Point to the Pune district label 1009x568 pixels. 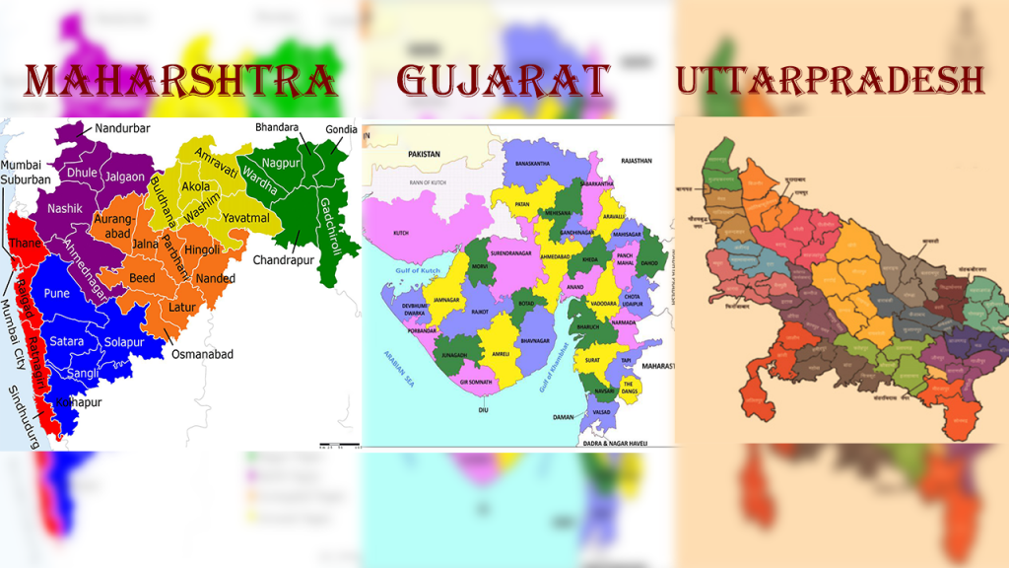click(56, 294)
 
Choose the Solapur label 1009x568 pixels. click(124, 341)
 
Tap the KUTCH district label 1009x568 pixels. click(400, 233)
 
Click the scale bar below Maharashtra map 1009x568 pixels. click(338, 445)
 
